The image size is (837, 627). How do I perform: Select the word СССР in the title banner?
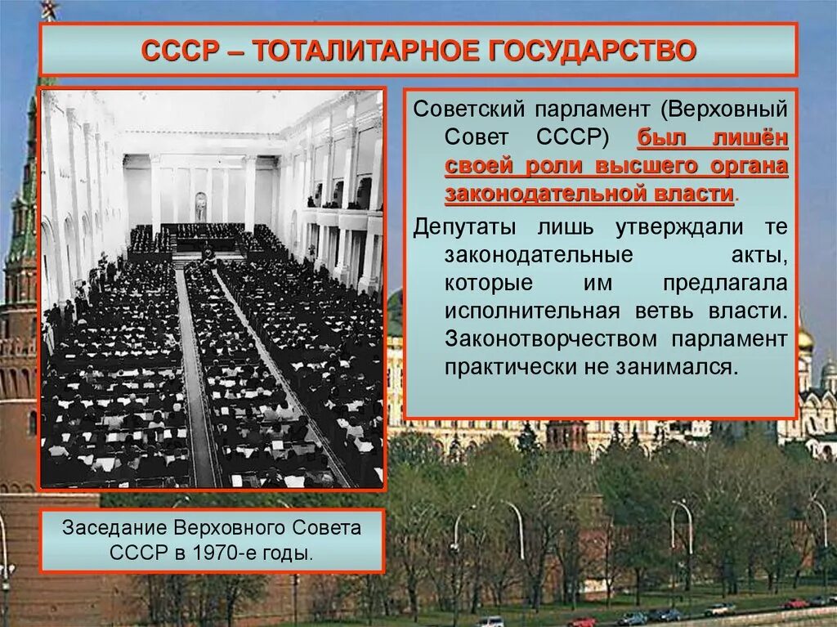(180, 50)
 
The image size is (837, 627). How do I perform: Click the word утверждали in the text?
(606, 226)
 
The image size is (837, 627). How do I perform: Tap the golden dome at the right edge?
(805, 338)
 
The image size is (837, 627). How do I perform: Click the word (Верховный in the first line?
(725, 109)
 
